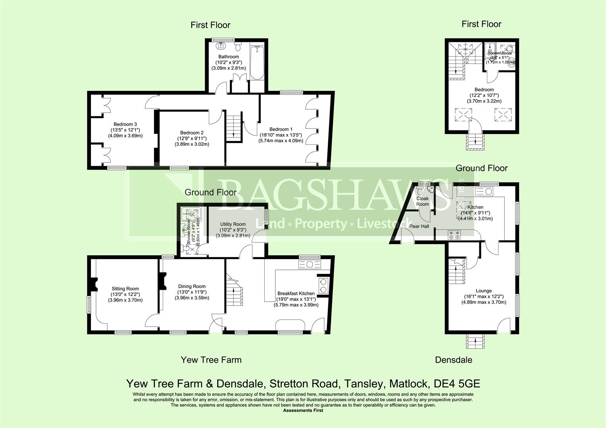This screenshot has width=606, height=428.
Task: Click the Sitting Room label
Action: (125, 289)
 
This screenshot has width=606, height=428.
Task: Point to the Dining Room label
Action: (192, 286)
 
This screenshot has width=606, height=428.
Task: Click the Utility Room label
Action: (233, 224)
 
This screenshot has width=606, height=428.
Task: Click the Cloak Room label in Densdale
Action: (422, 201)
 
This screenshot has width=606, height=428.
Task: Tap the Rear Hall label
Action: (419, 226)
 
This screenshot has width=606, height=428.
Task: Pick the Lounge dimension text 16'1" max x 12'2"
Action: (484, 296)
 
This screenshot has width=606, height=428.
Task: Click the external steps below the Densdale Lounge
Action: (475, 342)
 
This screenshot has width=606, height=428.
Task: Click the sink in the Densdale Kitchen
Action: (483, 192)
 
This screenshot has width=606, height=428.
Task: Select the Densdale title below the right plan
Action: (454, 360)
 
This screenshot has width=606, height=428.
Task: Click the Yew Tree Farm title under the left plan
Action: (211, 360)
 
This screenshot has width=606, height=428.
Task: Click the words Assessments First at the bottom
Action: (303, 411)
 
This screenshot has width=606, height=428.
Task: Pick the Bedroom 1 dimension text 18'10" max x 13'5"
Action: (281, 135)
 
